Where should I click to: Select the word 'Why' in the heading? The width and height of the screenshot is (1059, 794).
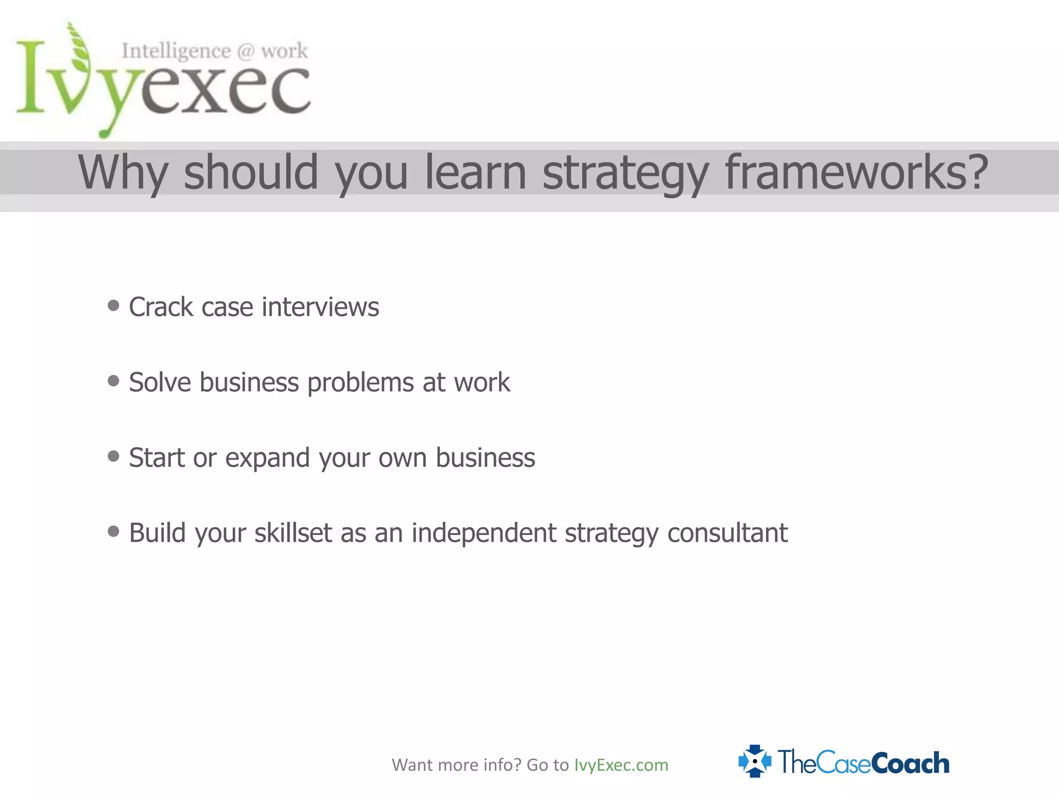pyautogui.click(x=123, y=173)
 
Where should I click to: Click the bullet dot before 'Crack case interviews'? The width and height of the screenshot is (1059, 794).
pyautogui.click(x=113, y=306)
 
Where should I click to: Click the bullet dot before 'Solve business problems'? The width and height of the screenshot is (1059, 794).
pyautogui.click(x=113, y=381)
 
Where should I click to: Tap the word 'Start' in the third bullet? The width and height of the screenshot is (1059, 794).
pyautogui.click(x=157, y=458)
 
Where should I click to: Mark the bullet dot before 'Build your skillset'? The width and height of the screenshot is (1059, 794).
pyautogui.click(x=113, y=531)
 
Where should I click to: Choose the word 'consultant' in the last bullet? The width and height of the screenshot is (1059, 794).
pyautogui.click(x=727, y=533)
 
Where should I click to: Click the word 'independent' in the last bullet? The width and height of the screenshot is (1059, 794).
pyautogui.click(x=483, y=533)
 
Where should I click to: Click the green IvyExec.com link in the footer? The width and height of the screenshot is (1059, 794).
pyautogui.click(x=621, y=765)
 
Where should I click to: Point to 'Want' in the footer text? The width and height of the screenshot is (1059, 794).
pyautogui.click(x=412, y=765)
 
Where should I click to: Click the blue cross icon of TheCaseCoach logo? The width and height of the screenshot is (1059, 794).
pyautogui.click(x=754, y=761)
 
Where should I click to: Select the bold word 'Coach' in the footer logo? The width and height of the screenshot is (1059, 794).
pyautogui.click(x=910, y=764)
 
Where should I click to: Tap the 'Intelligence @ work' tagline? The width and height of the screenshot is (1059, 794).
pyautogui.click(x=215, y=51)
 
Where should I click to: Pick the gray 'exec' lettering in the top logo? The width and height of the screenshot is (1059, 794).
pyautogui.click(x=225, y=90)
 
